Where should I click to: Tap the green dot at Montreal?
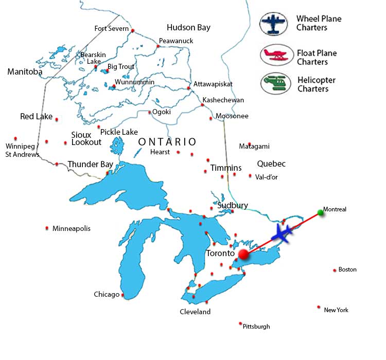(321, 212)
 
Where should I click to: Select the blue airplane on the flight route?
(282, 233)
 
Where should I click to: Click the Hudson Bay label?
(188, 27)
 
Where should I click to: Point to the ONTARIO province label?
(167, 141)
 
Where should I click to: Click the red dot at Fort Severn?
(133, 31)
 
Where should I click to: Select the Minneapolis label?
(71, 228)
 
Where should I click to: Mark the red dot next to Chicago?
(122, 295)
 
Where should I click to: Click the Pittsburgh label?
(256, 327)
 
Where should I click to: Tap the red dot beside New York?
(319, 307)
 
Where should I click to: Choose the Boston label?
(347, 269)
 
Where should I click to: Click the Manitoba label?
(25, 72)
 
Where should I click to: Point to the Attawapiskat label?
(213, 84)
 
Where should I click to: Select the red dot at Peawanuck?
(159, 46)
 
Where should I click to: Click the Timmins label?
(225, 168)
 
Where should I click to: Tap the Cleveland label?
(195, 312)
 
